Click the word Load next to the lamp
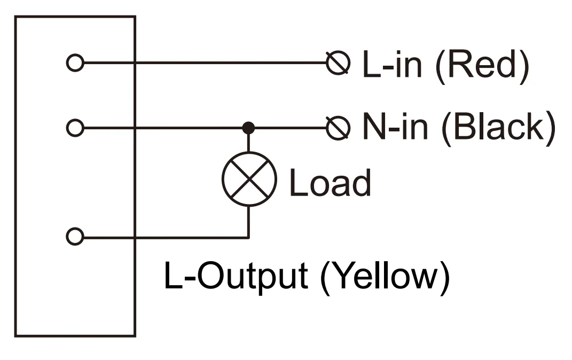click(x=330, y=183)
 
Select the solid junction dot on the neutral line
click(x=248, y=128)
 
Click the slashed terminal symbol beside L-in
click(x=338, y=63)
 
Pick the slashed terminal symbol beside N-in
click(x=338, y=128)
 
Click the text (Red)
click(x=482, y=66)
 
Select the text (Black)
click(x=498, y=128)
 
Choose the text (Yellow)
click(x=385, y=277)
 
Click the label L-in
click(x=393, y=64)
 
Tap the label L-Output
click(x=236, y=277)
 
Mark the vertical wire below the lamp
click(x=248, y=222)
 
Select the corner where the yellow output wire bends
click(x=248, y=238)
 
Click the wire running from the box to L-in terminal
click(x=206, y=62)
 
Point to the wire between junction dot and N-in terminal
click(x=291, y=128)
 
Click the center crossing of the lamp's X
click(x=249, y=179)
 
